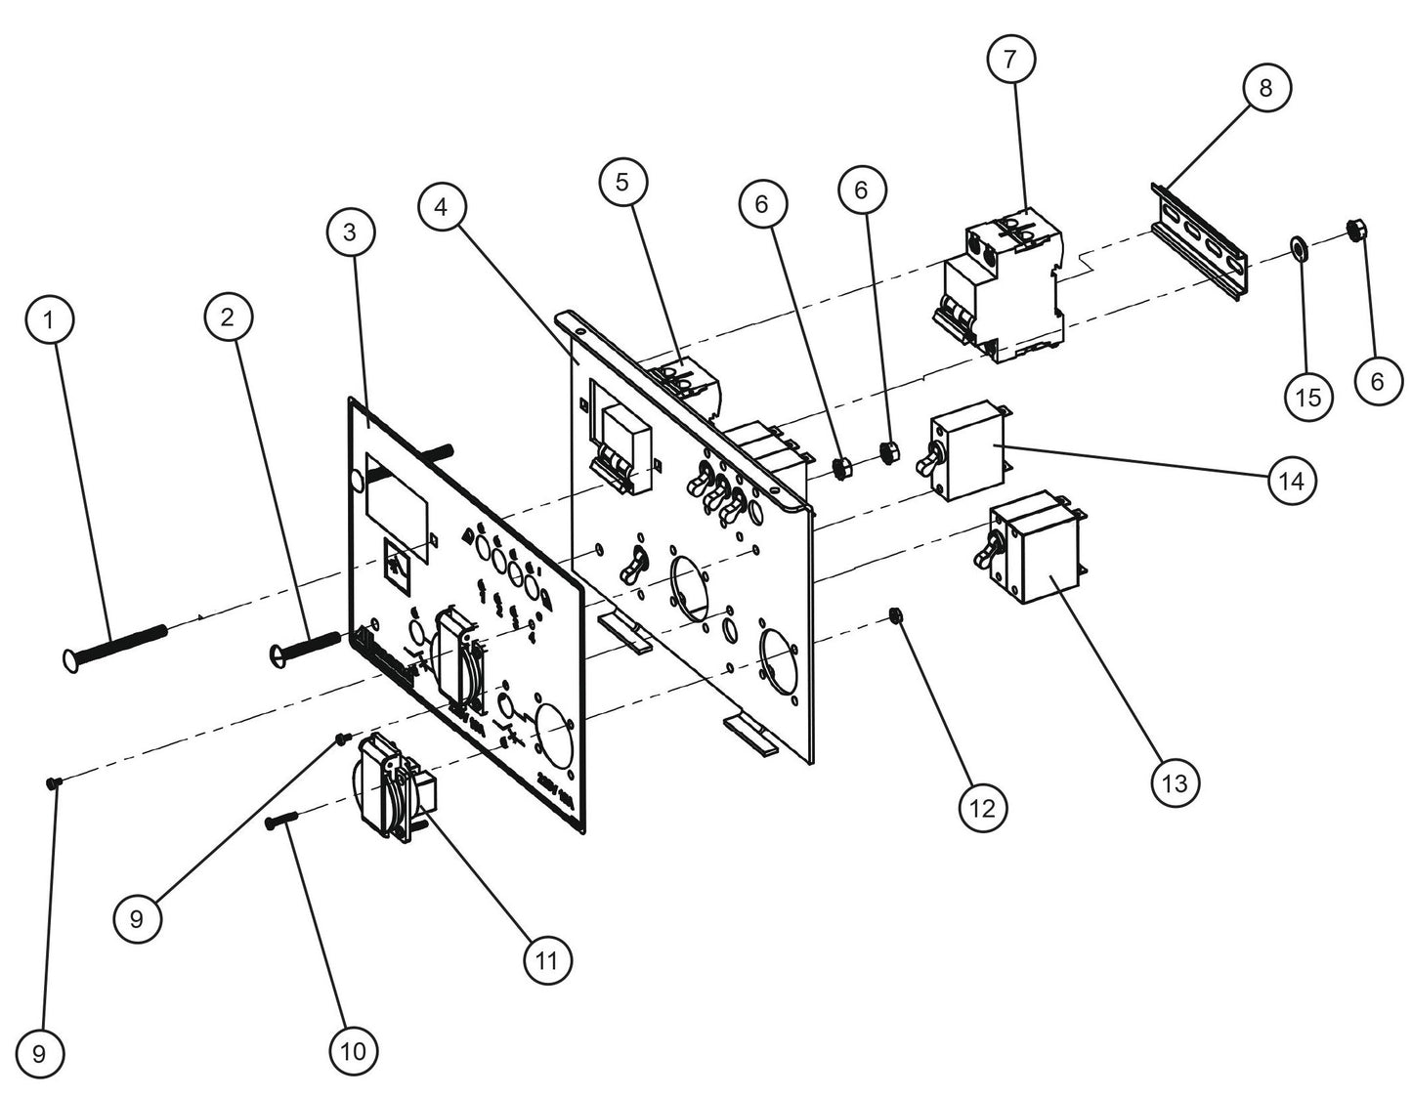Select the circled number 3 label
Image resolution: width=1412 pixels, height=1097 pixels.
pos(350,232)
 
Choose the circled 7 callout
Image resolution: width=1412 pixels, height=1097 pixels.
pos(1009,60)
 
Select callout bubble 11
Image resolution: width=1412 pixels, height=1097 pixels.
pos(546,960)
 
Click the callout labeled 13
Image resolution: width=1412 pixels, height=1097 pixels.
pos(1176,781)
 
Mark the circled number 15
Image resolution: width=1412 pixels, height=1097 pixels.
pos(1308,397)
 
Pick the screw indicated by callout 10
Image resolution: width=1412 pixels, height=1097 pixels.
pos(284,824)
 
